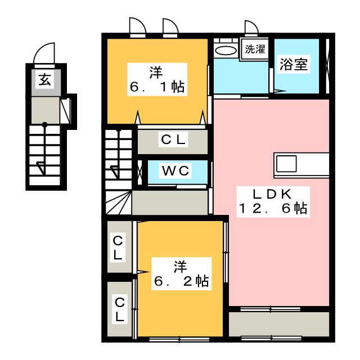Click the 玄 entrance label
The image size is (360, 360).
tap(44, 80)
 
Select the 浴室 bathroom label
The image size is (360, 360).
tap(294, 64)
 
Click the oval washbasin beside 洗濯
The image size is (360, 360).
tap(226, 50)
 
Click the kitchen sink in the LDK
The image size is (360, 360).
tap(286, 165)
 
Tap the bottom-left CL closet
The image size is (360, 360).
tap(119, 309)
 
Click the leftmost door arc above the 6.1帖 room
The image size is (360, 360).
tap(137, 27)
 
